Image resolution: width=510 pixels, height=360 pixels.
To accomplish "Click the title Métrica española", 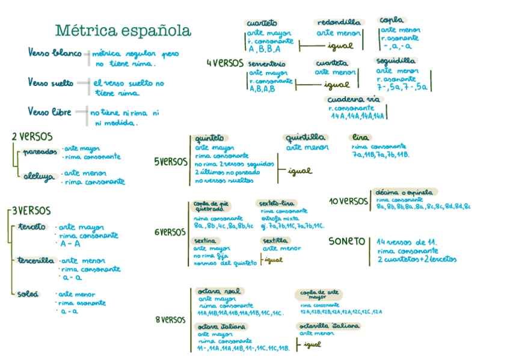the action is click(123, 31).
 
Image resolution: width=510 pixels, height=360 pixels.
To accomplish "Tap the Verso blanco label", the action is click(54, 53).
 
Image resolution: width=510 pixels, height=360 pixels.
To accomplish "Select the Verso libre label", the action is click(49, 112).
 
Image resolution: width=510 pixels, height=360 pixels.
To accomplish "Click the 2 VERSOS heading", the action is click(32, 136).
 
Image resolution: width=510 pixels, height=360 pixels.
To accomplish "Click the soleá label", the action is click(28, 294).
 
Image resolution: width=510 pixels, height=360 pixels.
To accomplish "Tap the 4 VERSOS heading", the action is click(224, 63).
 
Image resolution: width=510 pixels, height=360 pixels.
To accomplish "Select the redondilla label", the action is click(338, 23).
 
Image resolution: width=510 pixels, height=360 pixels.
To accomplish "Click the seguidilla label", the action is click(395, 61).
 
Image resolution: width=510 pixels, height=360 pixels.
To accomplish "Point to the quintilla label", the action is click(306, 137).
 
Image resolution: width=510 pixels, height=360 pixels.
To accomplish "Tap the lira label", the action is click(361, 137).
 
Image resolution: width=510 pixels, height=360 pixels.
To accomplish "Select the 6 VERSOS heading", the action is click(170, 232).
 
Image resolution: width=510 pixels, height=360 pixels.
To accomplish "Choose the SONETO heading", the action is click(346, 242).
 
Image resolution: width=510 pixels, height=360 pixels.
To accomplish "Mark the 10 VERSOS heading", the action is click(348, 201).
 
